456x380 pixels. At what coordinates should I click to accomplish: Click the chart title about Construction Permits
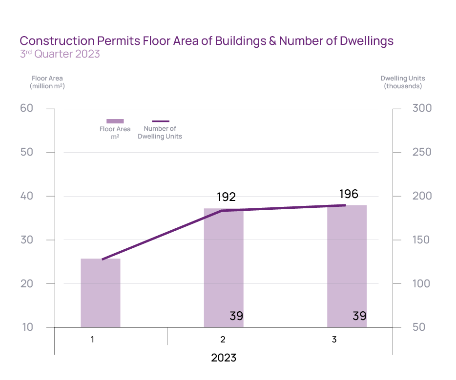206,41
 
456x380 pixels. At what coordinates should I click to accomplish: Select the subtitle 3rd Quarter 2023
60,54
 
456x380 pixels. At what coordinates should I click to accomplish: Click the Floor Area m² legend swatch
115,121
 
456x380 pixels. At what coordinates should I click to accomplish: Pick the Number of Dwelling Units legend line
160,121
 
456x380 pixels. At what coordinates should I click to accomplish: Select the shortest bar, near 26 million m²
101,293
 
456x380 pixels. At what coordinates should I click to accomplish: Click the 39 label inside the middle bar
236,316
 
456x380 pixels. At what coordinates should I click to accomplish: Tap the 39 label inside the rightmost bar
359,316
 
